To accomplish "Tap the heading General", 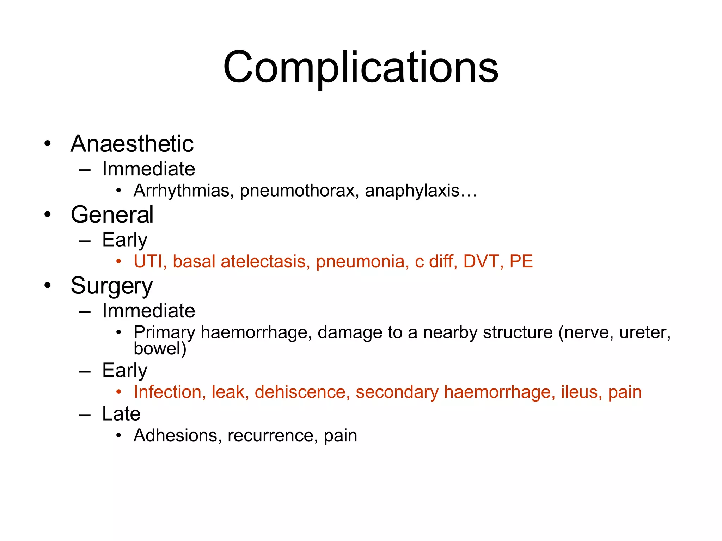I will pos(112,214).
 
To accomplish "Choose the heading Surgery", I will pos(112,286).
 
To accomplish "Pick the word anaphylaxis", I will pos(412,191).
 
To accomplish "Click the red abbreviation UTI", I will pos(148,261).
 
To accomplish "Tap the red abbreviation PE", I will pos(521,261).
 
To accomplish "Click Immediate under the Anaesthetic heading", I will pos(148,169).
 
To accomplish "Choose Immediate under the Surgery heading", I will pos(148,311).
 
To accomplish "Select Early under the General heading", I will pos(124,241).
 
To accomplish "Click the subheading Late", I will pos(121,413).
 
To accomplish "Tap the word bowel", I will pos(157,348).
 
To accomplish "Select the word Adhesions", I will pos(175,435).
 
